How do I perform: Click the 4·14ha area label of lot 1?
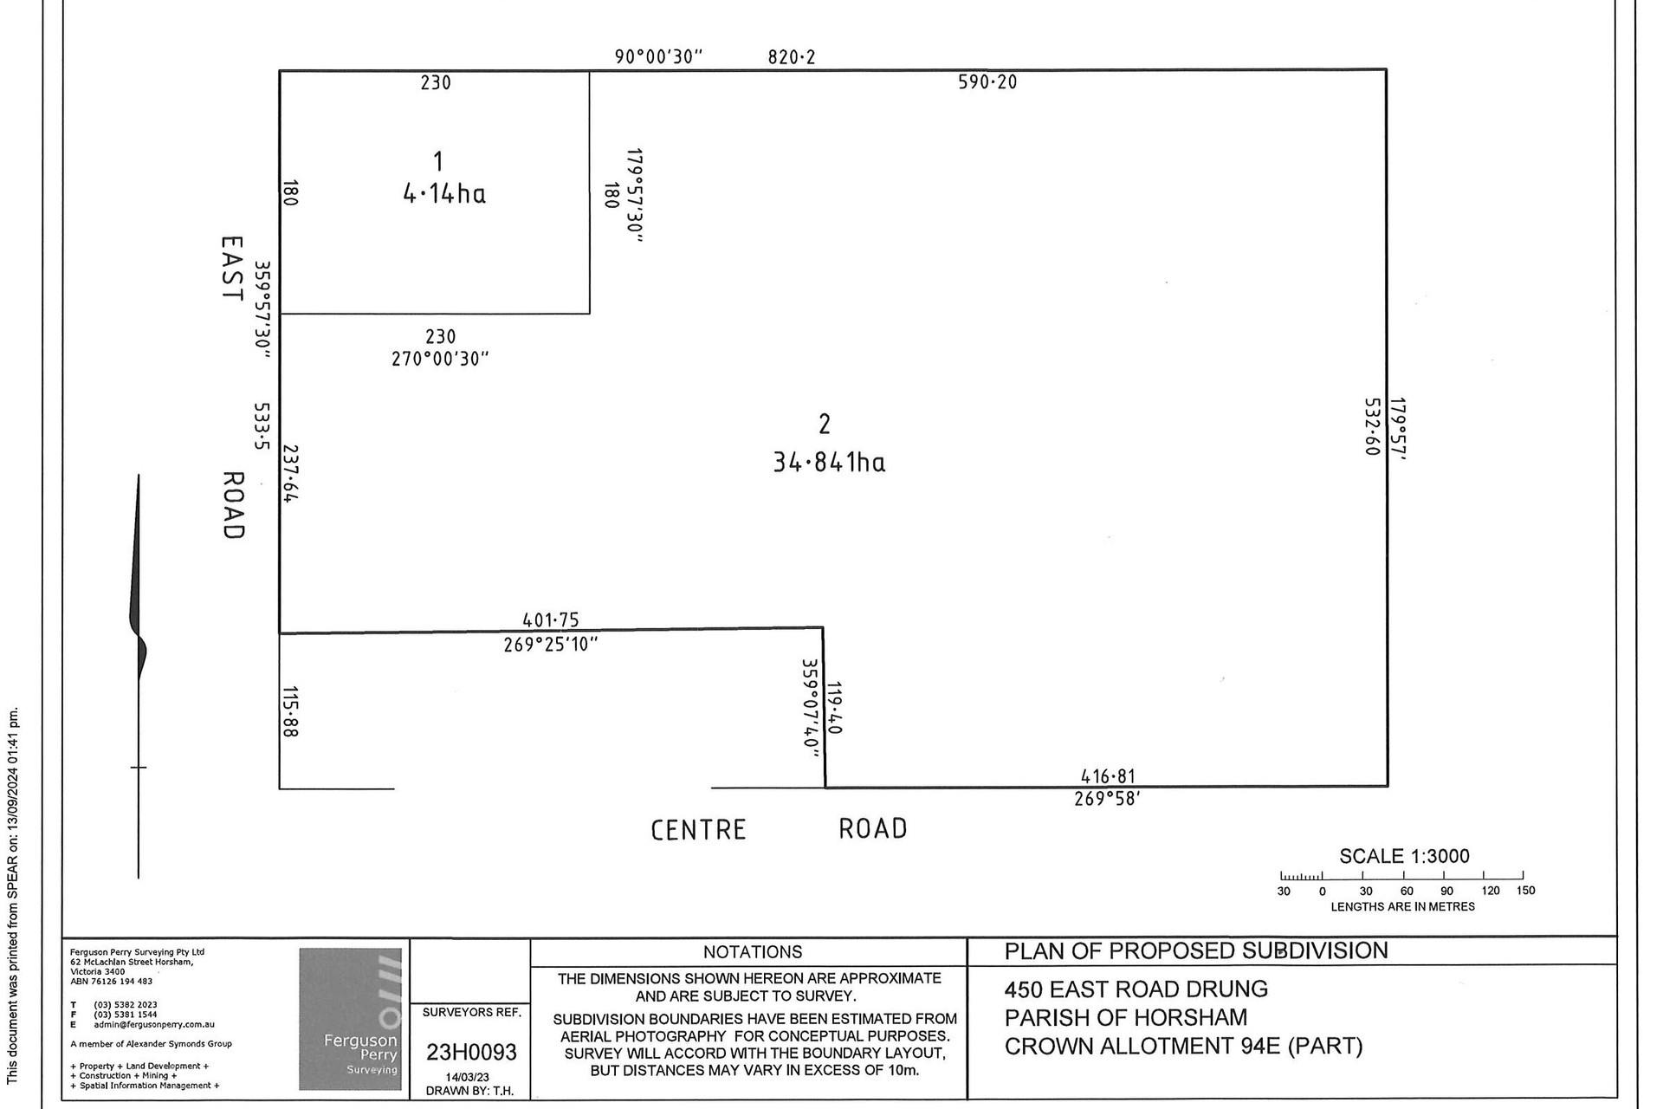point(444,193)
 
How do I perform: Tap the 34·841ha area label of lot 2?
point(829,463)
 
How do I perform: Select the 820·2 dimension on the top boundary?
point(792,57)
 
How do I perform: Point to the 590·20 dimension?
point(987,82)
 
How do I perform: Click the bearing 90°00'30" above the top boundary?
point(658,57)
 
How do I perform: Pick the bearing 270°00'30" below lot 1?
point(441,359)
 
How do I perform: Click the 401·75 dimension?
point(551,620)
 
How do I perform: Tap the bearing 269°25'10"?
point(551,645)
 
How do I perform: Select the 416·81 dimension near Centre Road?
point(1108,776)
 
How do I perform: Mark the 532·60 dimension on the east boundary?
point(1372,427)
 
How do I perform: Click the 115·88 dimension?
point(290,712)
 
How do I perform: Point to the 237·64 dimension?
point(290,473)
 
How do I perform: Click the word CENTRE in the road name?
point(698,830)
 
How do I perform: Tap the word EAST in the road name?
point(231,269)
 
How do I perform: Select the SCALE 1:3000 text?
point(1404,856)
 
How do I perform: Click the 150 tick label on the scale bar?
point(1525,891)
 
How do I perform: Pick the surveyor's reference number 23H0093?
point(471,1052)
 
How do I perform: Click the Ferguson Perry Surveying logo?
point(351,1019)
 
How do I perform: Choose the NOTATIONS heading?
point(753,952)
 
